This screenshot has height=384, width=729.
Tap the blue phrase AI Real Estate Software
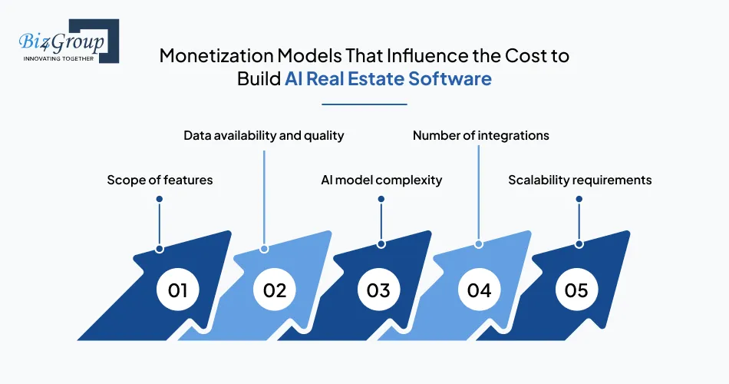click(x=388, y=78)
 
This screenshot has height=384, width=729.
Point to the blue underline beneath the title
click(x=364, y=104)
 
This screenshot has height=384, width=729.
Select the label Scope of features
click(x=160, y=180)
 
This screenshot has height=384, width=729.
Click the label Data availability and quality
click(x=263, y=135)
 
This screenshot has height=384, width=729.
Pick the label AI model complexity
click(x=381, y=180)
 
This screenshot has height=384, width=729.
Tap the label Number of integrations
click(x=480, y=135)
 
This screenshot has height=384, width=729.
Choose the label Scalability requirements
click(x=579, y=180)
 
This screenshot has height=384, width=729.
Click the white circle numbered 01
click(x=178, y=290)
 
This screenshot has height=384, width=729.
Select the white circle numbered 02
click(x=275, y=290)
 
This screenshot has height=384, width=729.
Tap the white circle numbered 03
click(x=378, y=290)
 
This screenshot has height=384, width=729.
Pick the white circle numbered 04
click(x=479, y=290)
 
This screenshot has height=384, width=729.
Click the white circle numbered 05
click(x=576, y=290)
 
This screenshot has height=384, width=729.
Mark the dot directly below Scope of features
click(x=160, y=199)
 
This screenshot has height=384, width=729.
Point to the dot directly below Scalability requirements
click(x=579, y=199)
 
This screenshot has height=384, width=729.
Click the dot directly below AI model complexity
click(x=381, y=199)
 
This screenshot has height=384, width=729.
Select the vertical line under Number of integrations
click(x=479, y=192)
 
